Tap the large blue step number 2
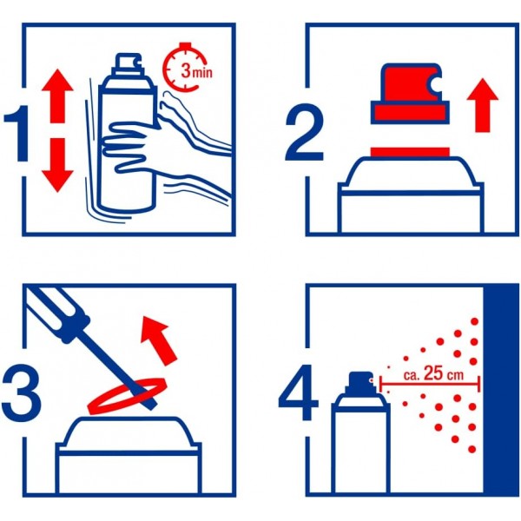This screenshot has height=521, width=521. [x=303, y=131]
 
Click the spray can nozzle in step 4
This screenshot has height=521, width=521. [x=359, y=381]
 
